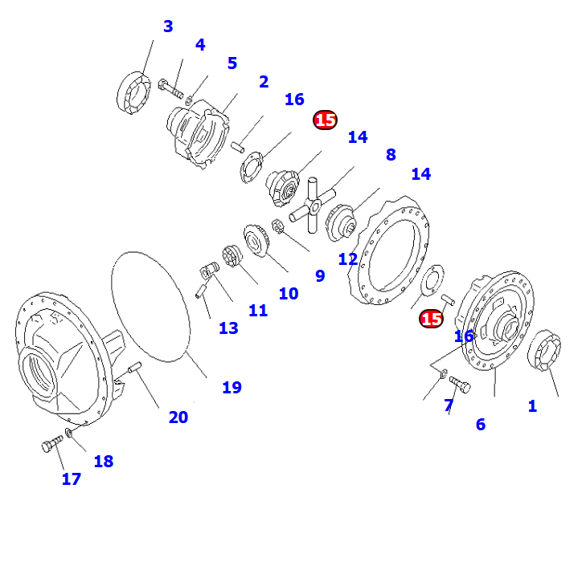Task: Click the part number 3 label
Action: [167, 26]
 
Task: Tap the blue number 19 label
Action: [232, 388]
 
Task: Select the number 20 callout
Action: [178, 417]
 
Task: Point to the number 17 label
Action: [72, 479]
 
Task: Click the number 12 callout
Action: [347, 259]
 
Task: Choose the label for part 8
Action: [391, 154]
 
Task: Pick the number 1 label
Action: [531, 406]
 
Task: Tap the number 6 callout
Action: [480, 425]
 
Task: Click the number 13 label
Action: [228, 328]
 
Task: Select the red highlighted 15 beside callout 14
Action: [325, 120]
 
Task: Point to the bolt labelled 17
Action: [51, 444]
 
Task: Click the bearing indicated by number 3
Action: [134, 92]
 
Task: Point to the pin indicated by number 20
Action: [134, 368]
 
